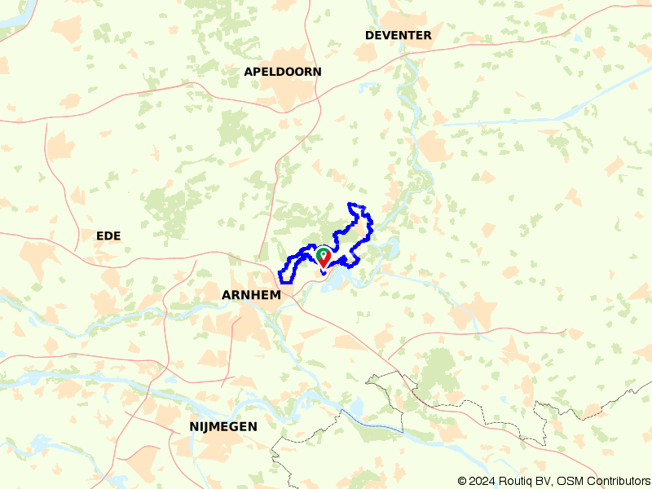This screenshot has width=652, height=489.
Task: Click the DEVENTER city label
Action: (398, 35)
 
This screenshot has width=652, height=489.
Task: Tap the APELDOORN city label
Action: (282, 72)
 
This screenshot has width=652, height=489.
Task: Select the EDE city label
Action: (108, 236)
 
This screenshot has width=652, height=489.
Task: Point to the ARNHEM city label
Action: (251, 295)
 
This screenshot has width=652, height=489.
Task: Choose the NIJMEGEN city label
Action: (222, 426)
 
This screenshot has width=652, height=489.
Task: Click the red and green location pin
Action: (324, 258)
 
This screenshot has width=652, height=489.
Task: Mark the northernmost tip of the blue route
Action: (350, 203)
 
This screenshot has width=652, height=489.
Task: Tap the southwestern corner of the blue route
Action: (284, 273)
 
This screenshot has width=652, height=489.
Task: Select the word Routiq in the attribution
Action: (521, 481)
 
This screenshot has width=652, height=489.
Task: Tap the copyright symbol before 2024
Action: (462, 481)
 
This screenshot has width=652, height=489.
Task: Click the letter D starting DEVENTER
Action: (369, 35)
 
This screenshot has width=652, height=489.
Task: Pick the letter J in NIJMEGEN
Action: (205, 426)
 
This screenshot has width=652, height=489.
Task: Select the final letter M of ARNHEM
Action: (275, 295)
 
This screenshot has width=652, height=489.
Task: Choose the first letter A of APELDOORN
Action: (248, 72)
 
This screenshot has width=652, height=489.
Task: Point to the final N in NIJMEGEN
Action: (253, 426)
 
